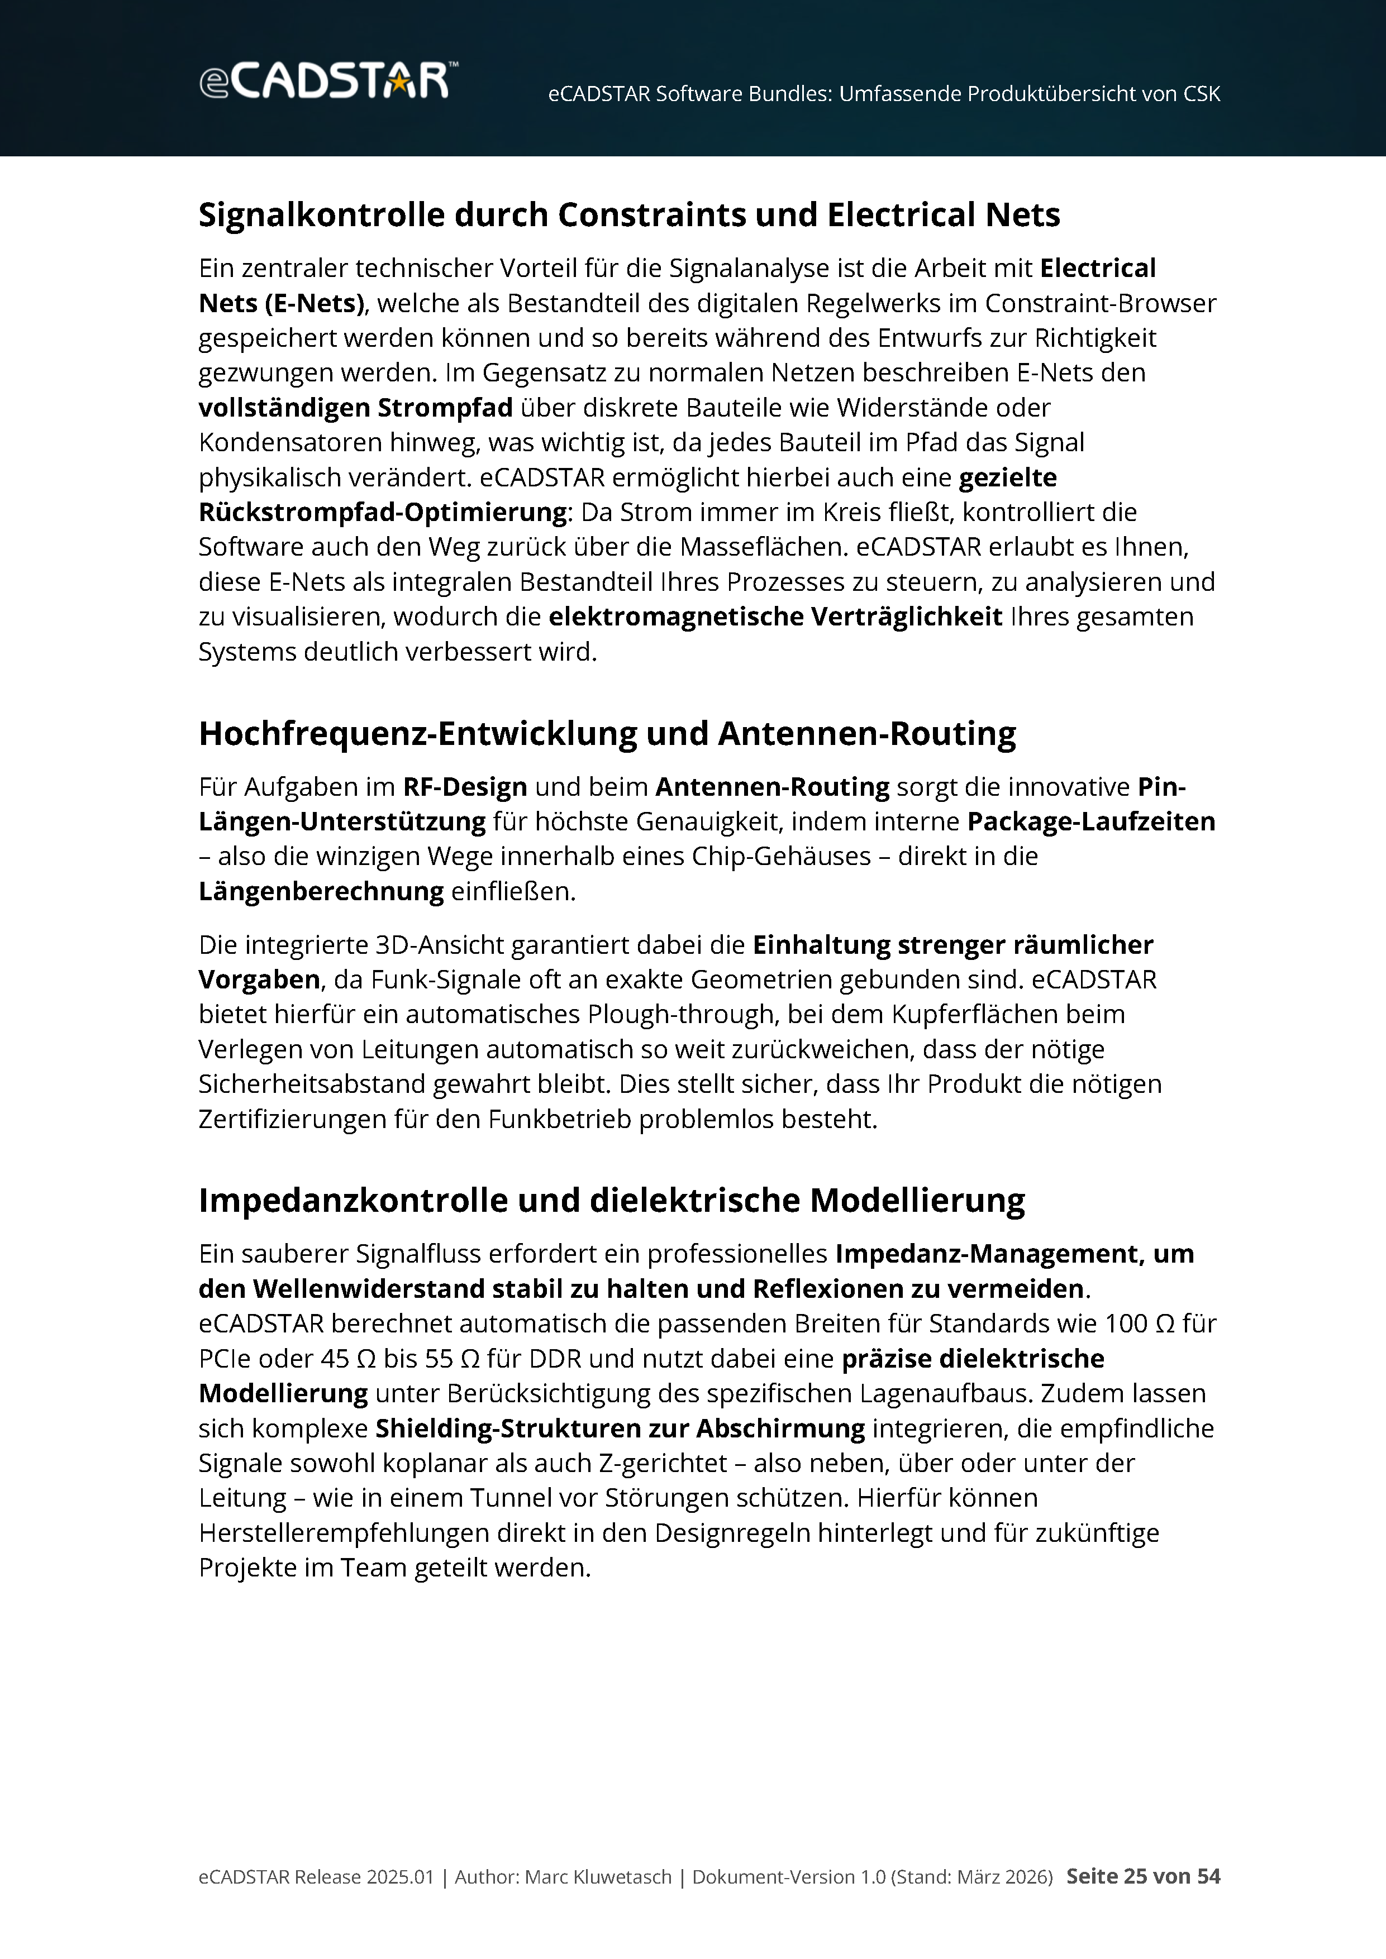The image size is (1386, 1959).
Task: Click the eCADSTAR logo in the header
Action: (327, 81)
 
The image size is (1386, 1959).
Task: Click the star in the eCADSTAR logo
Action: (398, 82)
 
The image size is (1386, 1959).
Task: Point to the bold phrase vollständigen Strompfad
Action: (355, 408)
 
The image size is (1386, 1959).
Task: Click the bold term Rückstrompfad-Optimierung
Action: (382, 513)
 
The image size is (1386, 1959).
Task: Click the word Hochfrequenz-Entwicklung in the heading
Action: (417, 734)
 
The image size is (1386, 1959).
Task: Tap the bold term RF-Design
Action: (465, 787)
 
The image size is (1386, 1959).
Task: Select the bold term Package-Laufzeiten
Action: (1090, 821)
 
